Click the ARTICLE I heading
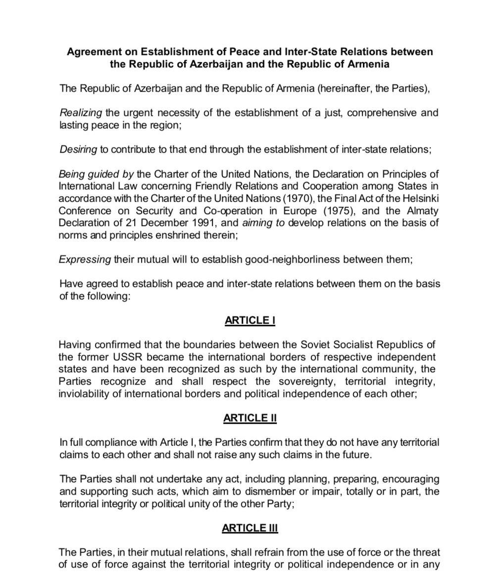[249, 320]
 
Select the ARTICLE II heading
[249, 418]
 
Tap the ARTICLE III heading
[249, 528]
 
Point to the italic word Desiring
[78, 150]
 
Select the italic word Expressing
[85, 260]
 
